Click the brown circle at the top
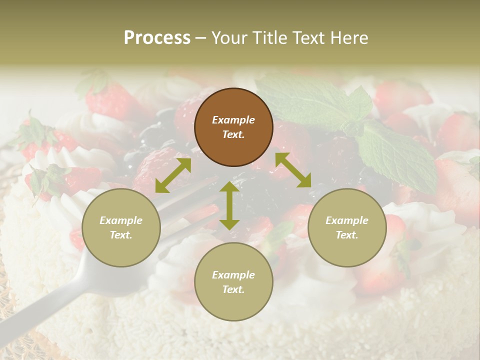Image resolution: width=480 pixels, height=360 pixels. [233, 127]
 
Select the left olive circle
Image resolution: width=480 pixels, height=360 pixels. [121, 227]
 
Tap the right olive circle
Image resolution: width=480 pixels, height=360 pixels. [347, 227]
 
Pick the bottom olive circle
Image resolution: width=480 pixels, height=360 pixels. [233, 282]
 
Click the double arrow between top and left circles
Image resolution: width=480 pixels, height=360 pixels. [173, 175]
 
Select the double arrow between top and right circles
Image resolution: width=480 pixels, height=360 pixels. [293, 170]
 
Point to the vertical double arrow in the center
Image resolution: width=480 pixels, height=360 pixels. [229, 205]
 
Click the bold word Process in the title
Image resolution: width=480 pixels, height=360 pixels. [157, 37]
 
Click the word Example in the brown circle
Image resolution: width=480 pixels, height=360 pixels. [233, 120]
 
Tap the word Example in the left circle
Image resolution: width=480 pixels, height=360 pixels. [121, 220]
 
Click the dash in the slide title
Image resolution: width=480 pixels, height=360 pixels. [201, 38]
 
